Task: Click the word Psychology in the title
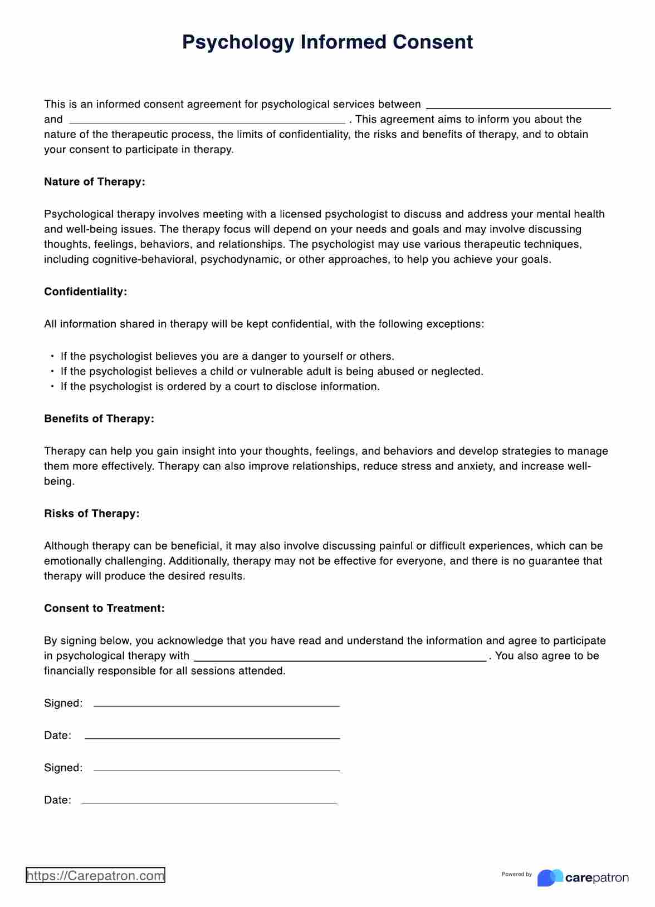pyautogui.click(x=237, y=43)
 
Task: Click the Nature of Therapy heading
pyautogui.click(x=94, y=182)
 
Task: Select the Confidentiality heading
pyautogui.click(x=85, y=292)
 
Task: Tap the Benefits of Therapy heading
pyautogui.click(x=99, y=418)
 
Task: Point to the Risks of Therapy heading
pyautogui.click(x=91, y=514)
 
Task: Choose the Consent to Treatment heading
pyautogui.click(x=104, y=608)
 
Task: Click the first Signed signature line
pyautogui.click(x=216, y=706)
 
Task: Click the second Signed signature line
pyautogui.click(x=216, y=770)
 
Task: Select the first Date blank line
pyautogui.click(x=212, y=738)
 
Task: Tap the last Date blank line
pyautogui.click(x=209, y=802)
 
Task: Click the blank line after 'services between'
pyautogui.click(x=518, y=107)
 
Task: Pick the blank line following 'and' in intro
pyautogui.click(x=207, y=122)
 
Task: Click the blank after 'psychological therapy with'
pyautogui.click(x=339, y=660)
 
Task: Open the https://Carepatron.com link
pyautogui.click(x=95, y=875)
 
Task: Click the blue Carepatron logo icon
pyautogui.click(x=549, y=878)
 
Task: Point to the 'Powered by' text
pyautogui.click(x=516, y=874)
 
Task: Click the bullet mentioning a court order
pyautogui.click(x=219, y=387)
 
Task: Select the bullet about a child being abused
pyautogui.click(x=271, y=372)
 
